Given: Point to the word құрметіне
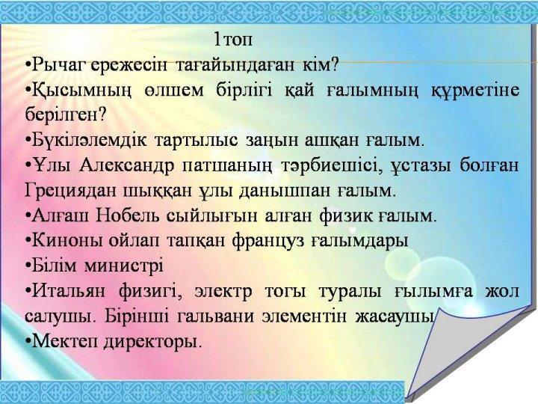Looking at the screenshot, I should pos(475,90).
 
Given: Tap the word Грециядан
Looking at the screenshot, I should pos(68,189).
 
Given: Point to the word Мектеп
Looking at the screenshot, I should pos(60,341).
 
